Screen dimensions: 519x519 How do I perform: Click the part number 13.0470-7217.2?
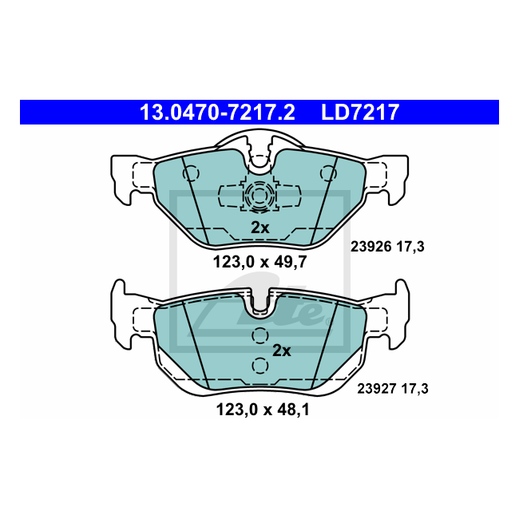[217, 113]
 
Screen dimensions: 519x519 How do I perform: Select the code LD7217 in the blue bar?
[359, 113]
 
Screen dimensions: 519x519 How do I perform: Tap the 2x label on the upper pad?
[260, 228]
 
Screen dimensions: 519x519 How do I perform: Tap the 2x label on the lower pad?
[282, 350]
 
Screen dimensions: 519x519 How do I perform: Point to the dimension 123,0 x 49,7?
[259, 261]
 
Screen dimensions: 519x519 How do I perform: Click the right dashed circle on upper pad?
[327, 172]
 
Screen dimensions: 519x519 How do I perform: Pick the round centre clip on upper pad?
[259, 195]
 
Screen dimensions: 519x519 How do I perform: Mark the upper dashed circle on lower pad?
[259, 336]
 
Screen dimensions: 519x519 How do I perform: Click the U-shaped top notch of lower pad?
[259, 303]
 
